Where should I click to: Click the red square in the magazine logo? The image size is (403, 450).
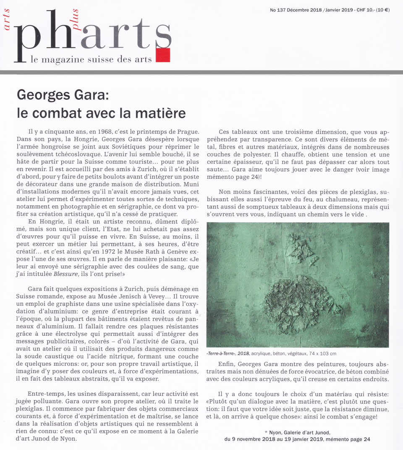click(162, 55)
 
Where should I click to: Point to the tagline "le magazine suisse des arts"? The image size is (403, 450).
click(91, 60)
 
